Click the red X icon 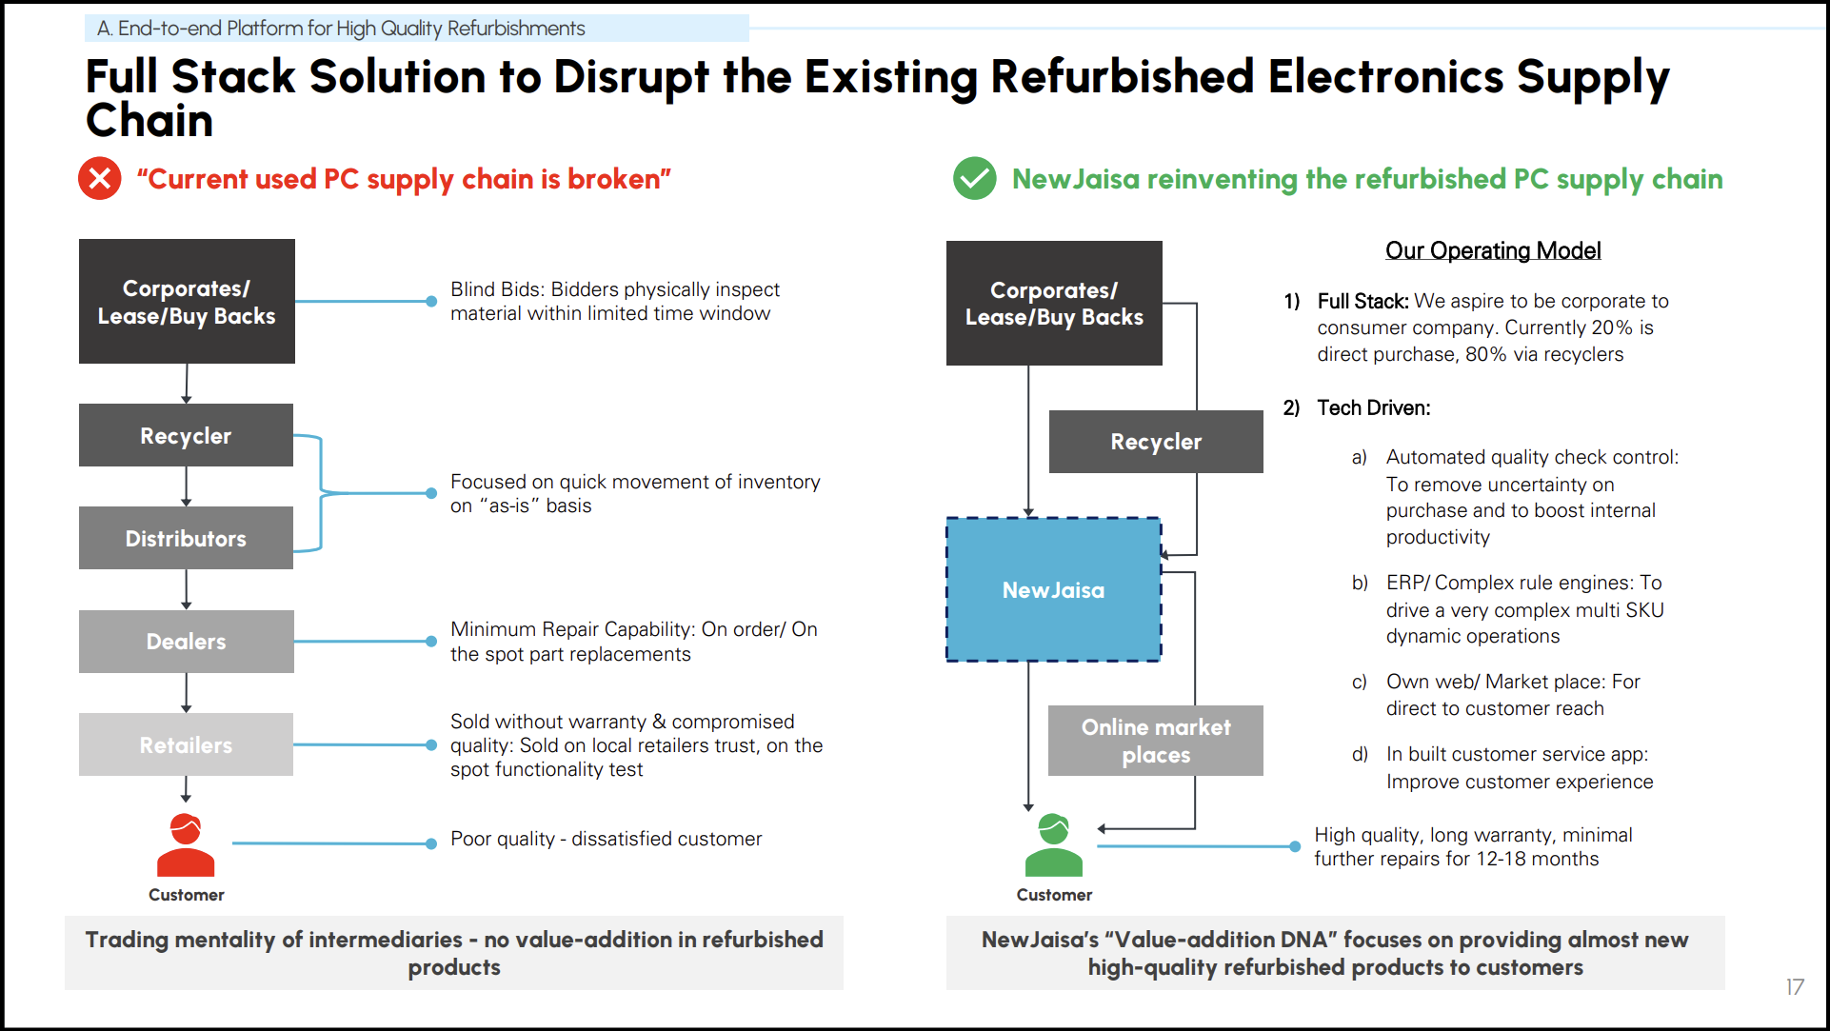(x=100, y=178)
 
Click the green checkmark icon (x=974, y=178)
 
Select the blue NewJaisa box (x=1053, y=589)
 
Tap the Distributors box (x=186, y=538)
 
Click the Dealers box (x=186, y=642)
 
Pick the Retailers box (x=186, y=744)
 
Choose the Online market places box (x=1156, y=741)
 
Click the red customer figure (x=186, y=845)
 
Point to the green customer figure (x=1054, y=845)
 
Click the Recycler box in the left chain (x=186, y=435)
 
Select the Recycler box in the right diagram (x=1156, y=442)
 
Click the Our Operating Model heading (x=1493, y=250)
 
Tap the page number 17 (x=1795, y=987)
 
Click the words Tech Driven (x=1374, y=407)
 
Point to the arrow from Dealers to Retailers (x=187, y=693)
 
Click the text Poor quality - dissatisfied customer (x=606, y=839)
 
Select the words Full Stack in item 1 (x=1363, y=301)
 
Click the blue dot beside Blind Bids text (x=431, y=301)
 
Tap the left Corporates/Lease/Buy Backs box (x=187, y=301)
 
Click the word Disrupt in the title (x=631, y=76)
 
